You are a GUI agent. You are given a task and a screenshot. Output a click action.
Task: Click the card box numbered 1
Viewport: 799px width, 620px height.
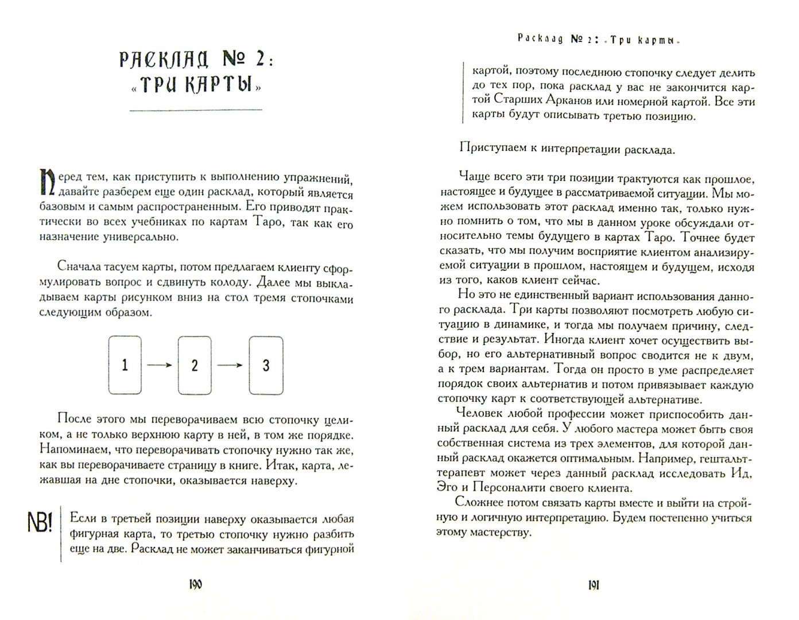pos(125,365)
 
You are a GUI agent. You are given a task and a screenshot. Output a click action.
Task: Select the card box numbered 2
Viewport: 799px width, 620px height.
pos(195,365)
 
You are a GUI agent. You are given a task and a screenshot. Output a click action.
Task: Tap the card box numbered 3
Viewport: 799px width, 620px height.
pos(265,365)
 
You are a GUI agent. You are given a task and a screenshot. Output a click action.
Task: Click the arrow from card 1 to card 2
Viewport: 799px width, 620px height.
pos(160,365)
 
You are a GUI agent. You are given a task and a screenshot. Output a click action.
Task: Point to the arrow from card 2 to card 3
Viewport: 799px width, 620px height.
pos(230,365)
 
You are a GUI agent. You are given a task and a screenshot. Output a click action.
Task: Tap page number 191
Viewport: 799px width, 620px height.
pos(593,585)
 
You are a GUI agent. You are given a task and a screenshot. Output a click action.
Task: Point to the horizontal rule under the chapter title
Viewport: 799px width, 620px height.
pos(196,109)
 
